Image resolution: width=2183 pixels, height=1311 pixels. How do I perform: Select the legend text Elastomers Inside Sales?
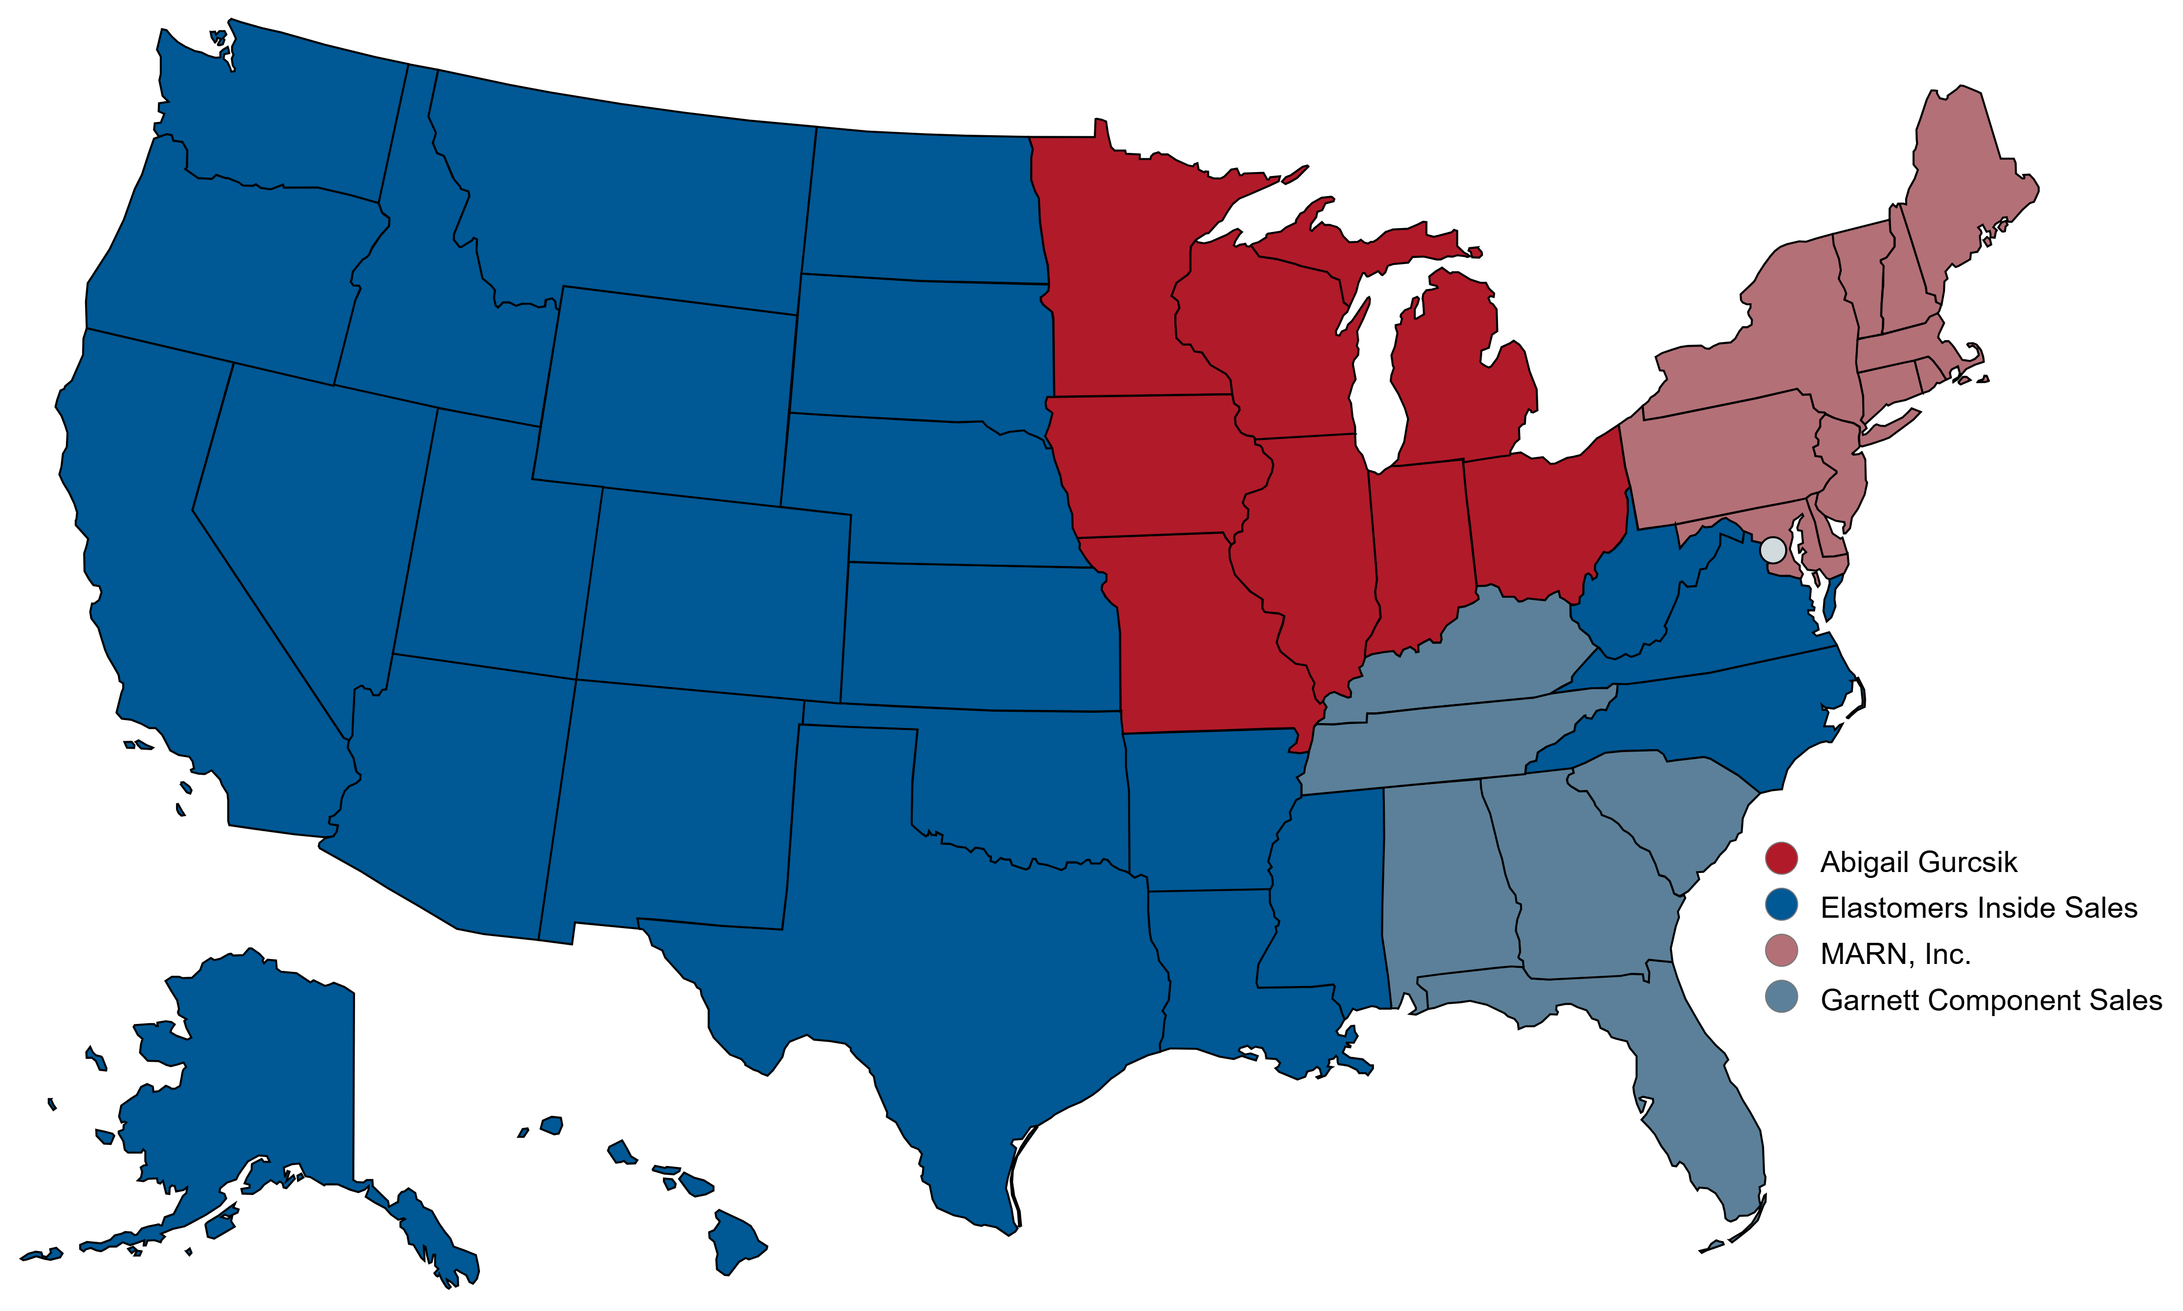pos(1978,907)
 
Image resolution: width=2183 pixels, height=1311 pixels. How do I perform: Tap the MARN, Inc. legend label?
pos(1895,954)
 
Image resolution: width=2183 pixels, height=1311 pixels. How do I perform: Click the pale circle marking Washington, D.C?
pos(1772,551)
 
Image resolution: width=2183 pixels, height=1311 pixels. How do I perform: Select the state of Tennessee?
pos(1432,742)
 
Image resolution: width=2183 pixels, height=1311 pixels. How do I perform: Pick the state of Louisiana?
pos(1211,972)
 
